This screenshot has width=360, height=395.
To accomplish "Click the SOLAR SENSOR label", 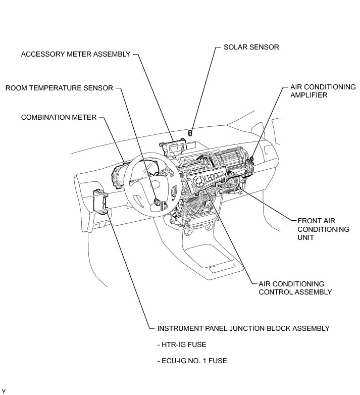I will pyautogui.click(x=251, y=47).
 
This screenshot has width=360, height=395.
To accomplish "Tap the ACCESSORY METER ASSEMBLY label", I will pyautogui.click(x=76, y=54).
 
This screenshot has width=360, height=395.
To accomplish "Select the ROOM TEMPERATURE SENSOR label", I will pyautogui.click(x=59, y=88).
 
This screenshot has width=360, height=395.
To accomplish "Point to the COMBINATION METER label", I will pyautogui.click(x=59, y=117).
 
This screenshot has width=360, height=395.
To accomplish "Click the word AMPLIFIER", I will pyautogui.click(x=308, y=95).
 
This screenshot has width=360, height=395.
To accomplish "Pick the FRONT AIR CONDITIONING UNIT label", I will pyautogui.click(x=323, y=229).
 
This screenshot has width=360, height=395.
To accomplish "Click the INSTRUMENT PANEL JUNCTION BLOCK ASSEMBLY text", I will pyautogui.click(x=243, y=328).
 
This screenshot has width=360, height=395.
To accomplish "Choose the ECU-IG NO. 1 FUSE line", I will pyautogui.click(x=192, y=361).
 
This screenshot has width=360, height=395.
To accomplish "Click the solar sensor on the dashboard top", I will pyautogui.click(x=190, y=133).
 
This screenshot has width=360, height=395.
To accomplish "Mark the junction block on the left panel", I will pyautogui.click(x=101, y=202).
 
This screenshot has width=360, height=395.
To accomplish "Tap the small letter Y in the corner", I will pyautogui.click(x=3, y=391).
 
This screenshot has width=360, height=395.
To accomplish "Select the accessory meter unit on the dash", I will pyautogui.click(x=174, y=146).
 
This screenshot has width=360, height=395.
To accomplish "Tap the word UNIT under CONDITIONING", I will pyautogui.click(x=305, y=237).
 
